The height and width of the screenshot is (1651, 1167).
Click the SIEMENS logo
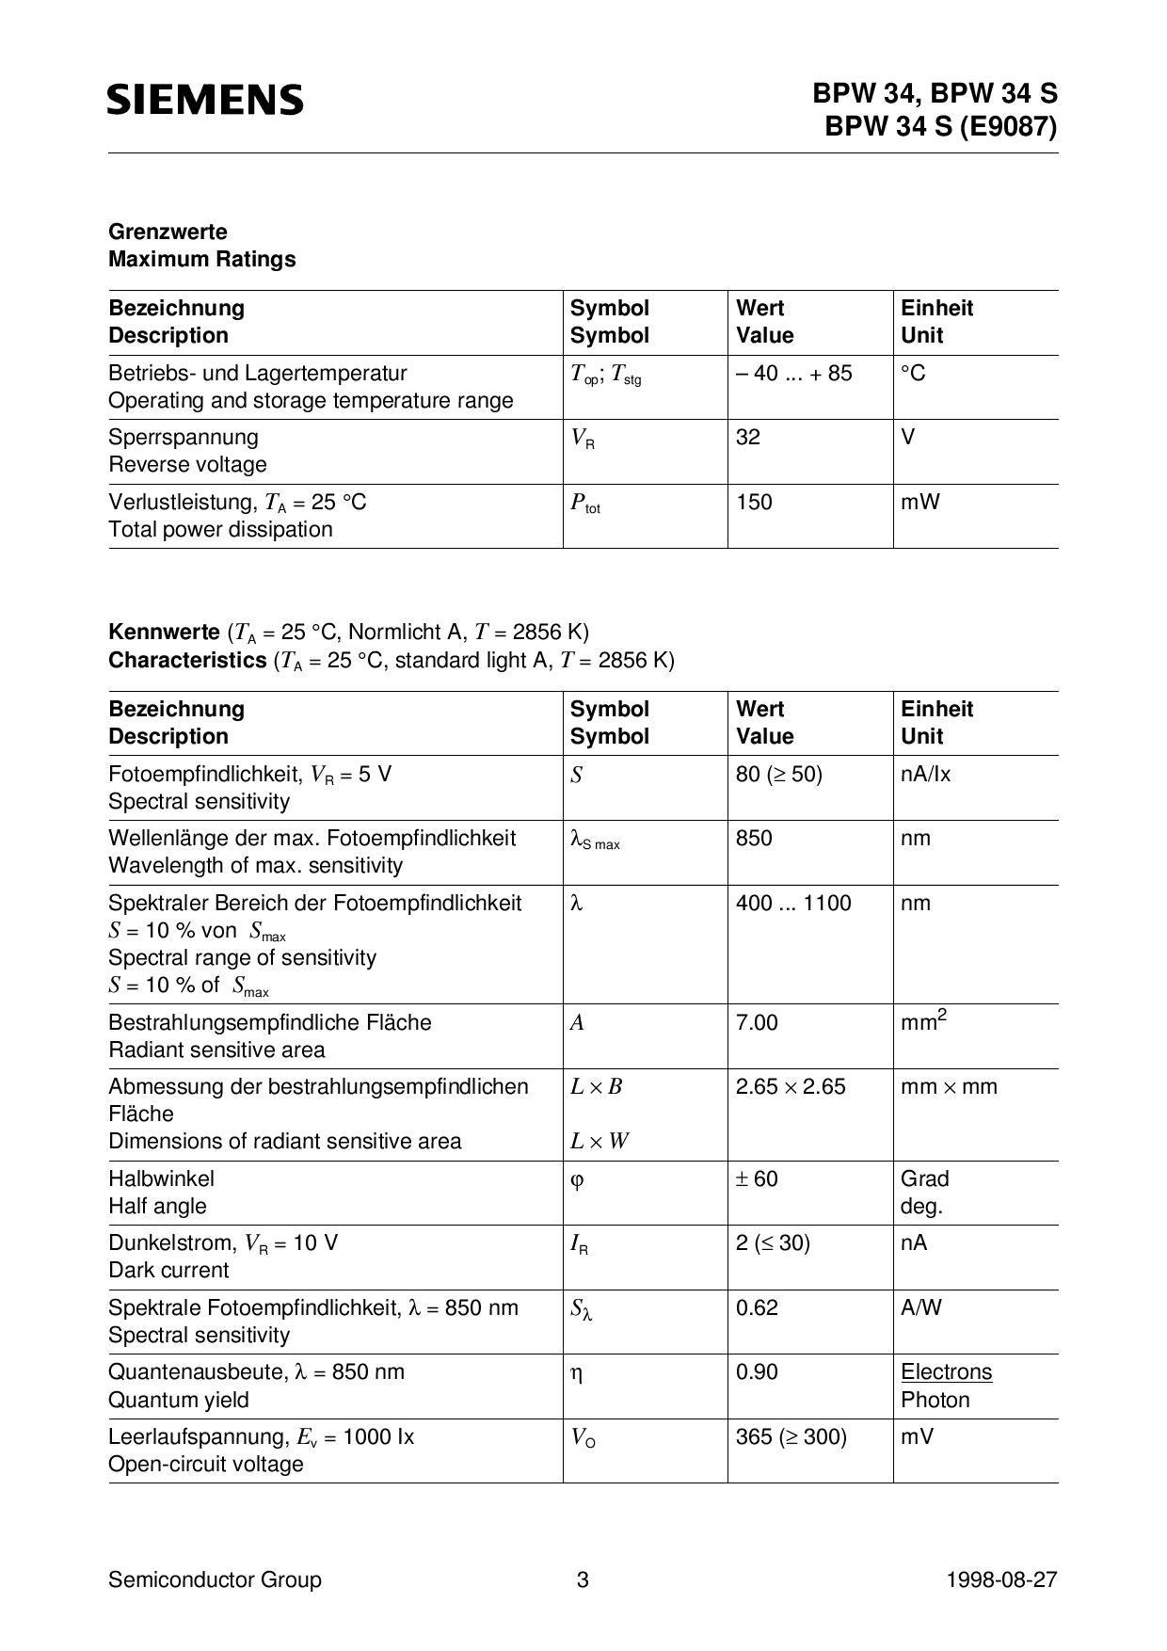coord(205,100)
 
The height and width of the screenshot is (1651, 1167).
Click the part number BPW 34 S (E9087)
coord(940,126)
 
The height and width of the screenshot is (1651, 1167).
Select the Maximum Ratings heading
coord(201,259)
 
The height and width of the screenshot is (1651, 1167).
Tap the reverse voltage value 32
coord(748,437)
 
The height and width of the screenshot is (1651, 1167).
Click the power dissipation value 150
coord(754,502)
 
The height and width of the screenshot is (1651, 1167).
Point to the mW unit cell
coord(919,502)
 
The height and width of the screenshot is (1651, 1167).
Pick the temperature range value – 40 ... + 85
coord(793,373)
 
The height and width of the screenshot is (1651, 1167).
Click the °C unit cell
coord(913,373)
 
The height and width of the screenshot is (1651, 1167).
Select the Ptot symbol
coord(584,504)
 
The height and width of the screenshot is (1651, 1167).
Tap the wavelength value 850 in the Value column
coord(754,838)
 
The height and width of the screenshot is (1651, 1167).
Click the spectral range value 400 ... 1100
coord(792,903)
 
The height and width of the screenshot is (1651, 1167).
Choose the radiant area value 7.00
coord(757,1022)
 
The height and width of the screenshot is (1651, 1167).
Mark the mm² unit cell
coord(922,1021)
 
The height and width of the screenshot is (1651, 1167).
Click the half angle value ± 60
coord(757,1178)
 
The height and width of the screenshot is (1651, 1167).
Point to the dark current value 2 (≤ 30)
coord(773,1242)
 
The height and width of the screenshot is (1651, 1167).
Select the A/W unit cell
coord(920,1307)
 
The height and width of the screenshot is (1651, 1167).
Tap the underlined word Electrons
coord(946,1371)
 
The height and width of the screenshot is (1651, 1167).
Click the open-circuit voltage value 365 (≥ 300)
coord(791,1436)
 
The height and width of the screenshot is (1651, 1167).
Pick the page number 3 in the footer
coord(583,1579)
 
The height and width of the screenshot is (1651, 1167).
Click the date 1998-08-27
coord(1001,1579)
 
